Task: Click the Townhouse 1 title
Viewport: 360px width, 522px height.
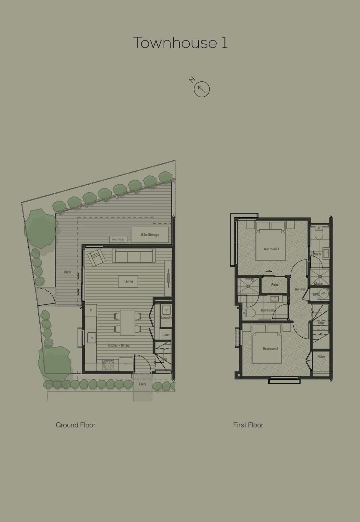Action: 180,43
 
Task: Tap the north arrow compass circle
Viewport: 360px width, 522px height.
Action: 202,89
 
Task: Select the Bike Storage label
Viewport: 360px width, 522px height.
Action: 150,235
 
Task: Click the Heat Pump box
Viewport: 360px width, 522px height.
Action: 118,240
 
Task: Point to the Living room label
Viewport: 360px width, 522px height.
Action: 129,281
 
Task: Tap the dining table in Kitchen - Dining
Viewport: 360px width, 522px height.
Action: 128,322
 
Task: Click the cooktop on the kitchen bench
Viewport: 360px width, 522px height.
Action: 108,365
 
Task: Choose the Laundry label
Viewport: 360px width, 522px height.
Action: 166,318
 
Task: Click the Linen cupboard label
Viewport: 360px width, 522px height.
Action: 166,335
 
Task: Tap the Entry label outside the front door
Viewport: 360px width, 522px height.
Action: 142,384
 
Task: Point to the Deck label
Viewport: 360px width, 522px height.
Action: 68,272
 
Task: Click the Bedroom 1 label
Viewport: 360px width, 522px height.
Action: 271,249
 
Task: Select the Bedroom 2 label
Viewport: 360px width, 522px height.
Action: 270,349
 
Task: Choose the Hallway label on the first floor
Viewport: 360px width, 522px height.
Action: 300,289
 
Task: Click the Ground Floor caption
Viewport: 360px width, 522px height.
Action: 76,425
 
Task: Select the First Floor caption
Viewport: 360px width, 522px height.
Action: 248,425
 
